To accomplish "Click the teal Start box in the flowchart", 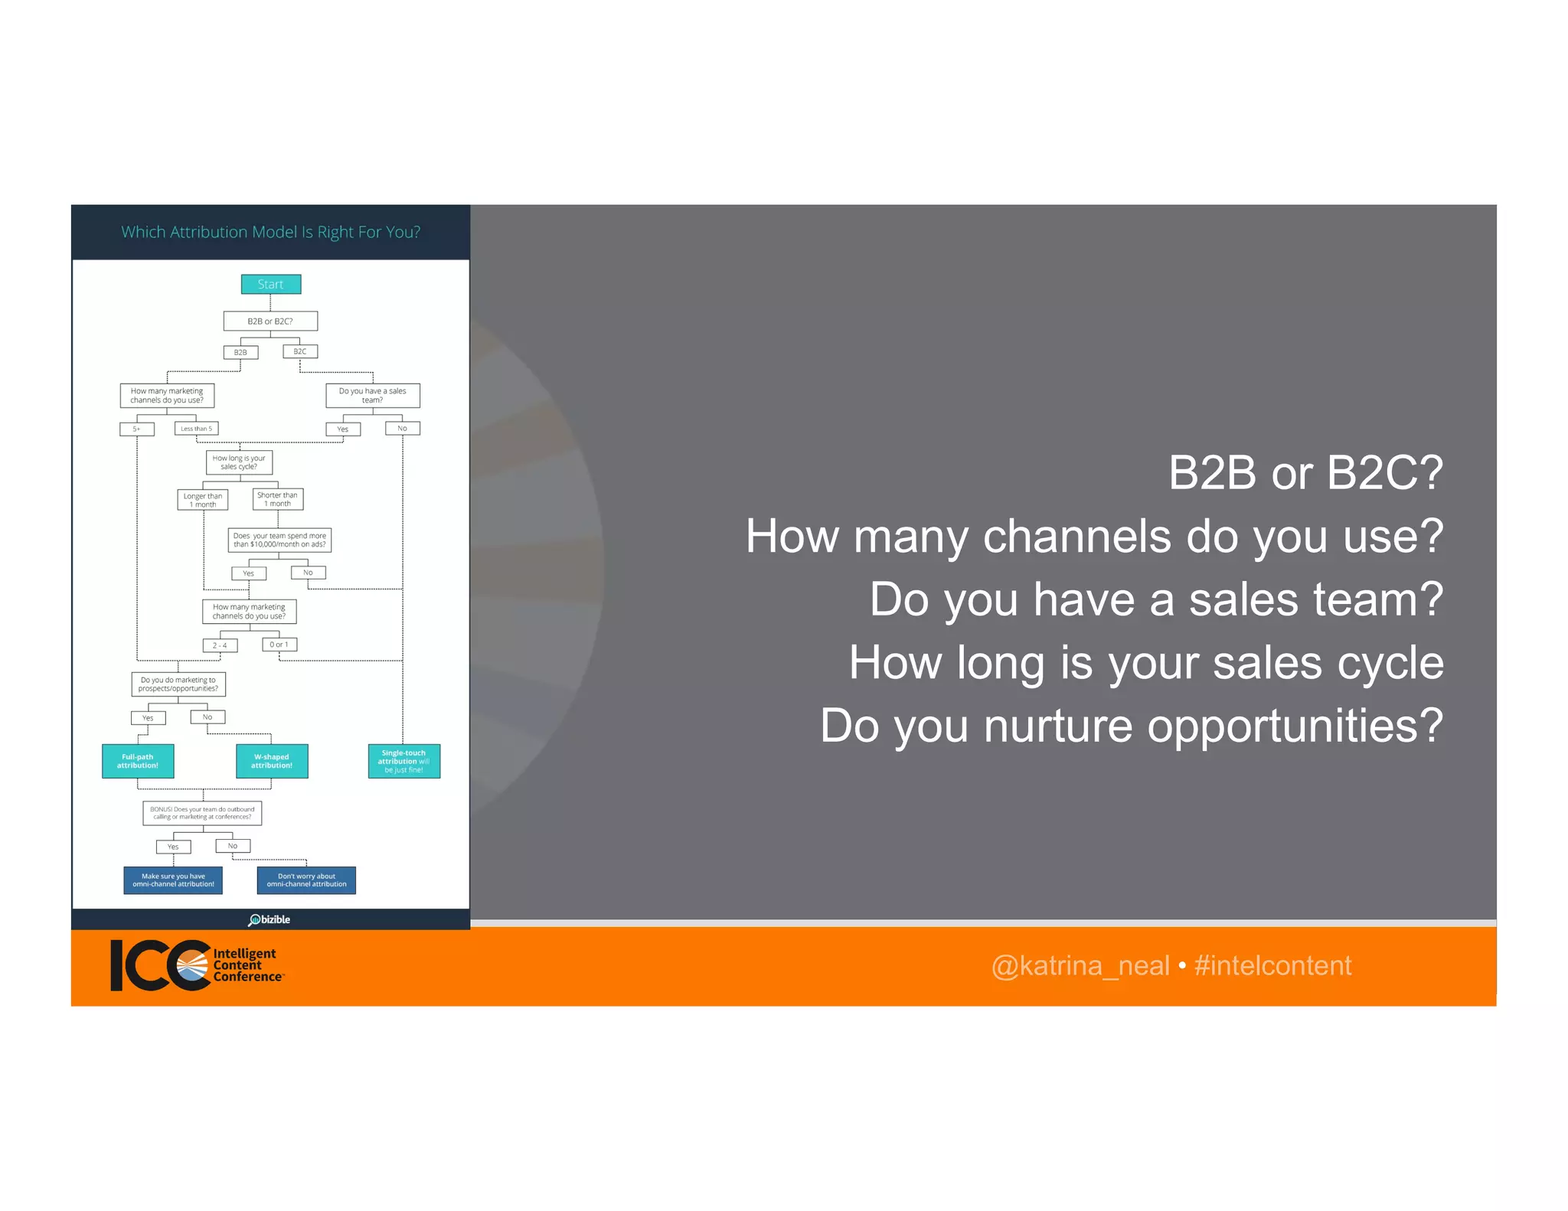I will coord(270,284).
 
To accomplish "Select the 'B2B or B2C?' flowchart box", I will coord(270,321).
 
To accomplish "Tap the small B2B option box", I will coord(240,352).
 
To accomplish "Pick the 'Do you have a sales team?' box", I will coord(373,395).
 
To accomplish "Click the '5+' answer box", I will coord(137,429).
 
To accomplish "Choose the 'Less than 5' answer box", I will coord(197,429).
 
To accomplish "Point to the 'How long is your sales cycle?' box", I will coord(239,462).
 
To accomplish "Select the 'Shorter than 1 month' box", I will coord(278,499).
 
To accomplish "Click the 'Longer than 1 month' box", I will coord(203,500).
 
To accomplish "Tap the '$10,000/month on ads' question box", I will coord(279,540).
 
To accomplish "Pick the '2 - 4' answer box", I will coord(220,645).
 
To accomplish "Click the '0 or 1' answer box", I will coord(279,645).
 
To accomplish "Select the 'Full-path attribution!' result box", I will coord(138,761).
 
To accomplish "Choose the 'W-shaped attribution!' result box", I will coord(272,761).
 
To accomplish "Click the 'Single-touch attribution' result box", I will coord(404,761).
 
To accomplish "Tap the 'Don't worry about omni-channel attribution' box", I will coord(306,880).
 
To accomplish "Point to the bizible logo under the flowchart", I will coord(269,919).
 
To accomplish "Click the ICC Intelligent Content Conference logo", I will coord(196,965).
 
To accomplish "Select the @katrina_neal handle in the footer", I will coord(1080,966).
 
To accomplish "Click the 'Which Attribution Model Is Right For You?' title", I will coord(270,232).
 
